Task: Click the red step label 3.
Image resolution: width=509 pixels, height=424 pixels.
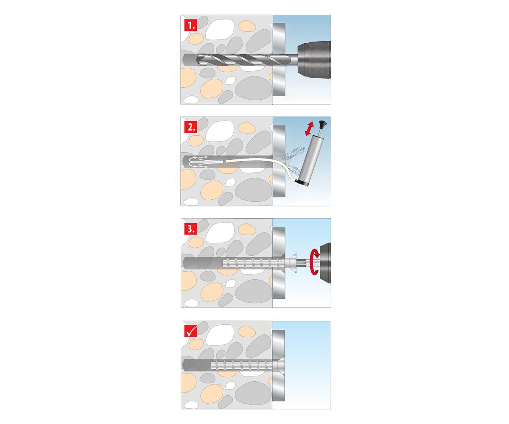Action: click(190, 229)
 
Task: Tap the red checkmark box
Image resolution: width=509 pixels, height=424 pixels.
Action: click(190, 331)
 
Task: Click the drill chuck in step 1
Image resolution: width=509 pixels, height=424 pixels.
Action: click(314, 60)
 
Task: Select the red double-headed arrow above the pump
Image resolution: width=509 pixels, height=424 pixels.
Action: click(309, 128)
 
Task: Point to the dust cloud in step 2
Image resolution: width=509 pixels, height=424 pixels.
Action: click(295, 159)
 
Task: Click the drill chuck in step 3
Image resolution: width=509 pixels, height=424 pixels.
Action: click(325, 263)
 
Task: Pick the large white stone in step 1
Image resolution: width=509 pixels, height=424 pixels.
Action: click(220, 29)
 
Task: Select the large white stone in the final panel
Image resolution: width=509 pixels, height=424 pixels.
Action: click(220, 335)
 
